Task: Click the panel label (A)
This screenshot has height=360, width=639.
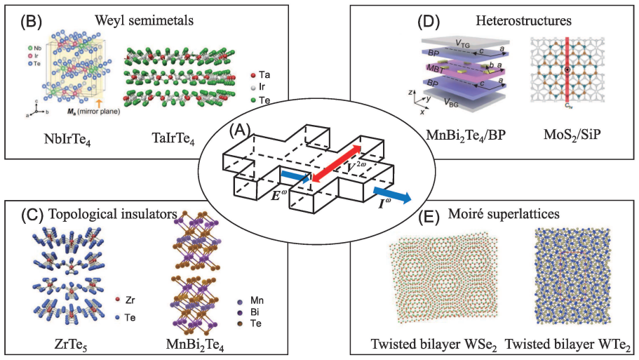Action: (x=240, y=131)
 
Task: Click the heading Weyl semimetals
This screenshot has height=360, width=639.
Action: (x=144, y=20)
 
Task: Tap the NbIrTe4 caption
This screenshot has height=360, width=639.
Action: (x=67, y=140)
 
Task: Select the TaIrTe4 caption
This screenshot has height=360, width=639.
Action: (x=173, y=140)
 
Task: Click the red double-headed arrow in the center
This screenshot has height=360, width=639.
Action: (x=336, y=163)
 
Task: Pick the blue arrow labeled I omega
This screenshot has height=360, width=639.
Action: (x=392, y=195)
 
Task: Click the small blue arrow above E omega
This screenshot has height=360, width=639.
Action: (x=295, y=178)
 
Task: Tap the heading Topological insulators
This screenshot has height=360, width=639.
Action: (x=112, y=213)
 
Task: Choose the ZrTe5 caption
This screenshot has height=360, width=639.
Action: (x=71, y=345)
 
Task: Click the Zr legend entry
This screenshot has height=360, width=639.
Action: (x=125, y=300)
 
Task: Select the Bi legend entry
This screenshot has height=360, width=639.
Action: (x=250, y=312)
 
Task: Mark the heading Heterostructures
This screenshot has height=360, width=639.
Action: (x=524, y=20)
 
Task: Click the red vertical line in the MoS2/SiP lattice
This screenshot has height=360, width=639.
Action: (x=567, y=70)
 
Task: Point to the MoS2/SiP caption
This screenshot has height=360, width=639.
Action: (x=572, y=135)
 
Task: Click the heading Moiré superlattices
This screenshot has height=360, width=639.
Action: (x=504, y=213)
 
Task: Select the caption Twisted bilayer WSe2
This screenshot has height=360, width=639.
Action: (x=434, y=345)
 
